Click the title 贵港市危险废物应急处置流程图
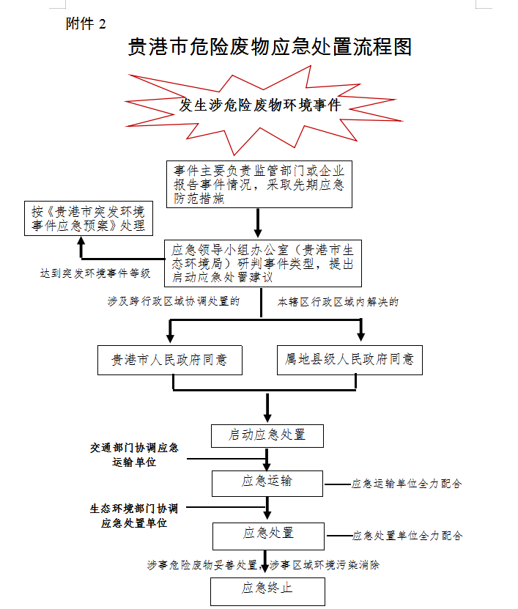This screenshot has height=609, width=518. click(x=270, y=47)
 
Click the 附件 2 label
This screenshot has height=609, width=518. click(x=86, y=23)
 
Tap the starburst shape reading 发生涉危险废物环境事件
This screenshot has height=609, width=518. click(x=261, y=106)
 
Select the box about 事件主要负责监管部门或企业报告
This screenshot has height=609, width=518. click(x=259, y=184)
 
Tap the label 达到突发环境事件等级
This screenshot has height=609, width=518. click(x=95, y=273)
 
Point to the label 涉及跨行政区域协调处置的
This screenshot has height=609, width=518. click(x=174, y=301)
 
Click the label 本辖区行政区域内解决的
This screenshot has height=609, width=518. click(x=338, y=301)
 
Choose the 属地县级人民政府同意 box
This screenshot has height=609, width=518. click(x=349, y=360)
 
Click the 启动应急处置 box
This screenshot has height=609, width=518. click(x=267, y=435)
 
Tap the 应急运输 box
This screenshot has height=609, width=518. click(x=267, y=481)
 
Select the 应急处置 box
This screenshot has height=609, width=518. click(x=267, y=533)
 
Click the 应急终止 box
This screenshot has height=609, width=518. click(x=267, y=588)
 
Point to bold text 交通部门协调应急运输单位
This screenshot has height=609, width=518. click(x=134, y=454)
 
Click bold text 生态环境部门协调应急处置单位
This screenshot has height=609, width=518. click(x=134, y=515)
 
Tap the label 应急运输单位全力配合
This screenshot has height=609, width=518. click(x=407, y=484)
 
